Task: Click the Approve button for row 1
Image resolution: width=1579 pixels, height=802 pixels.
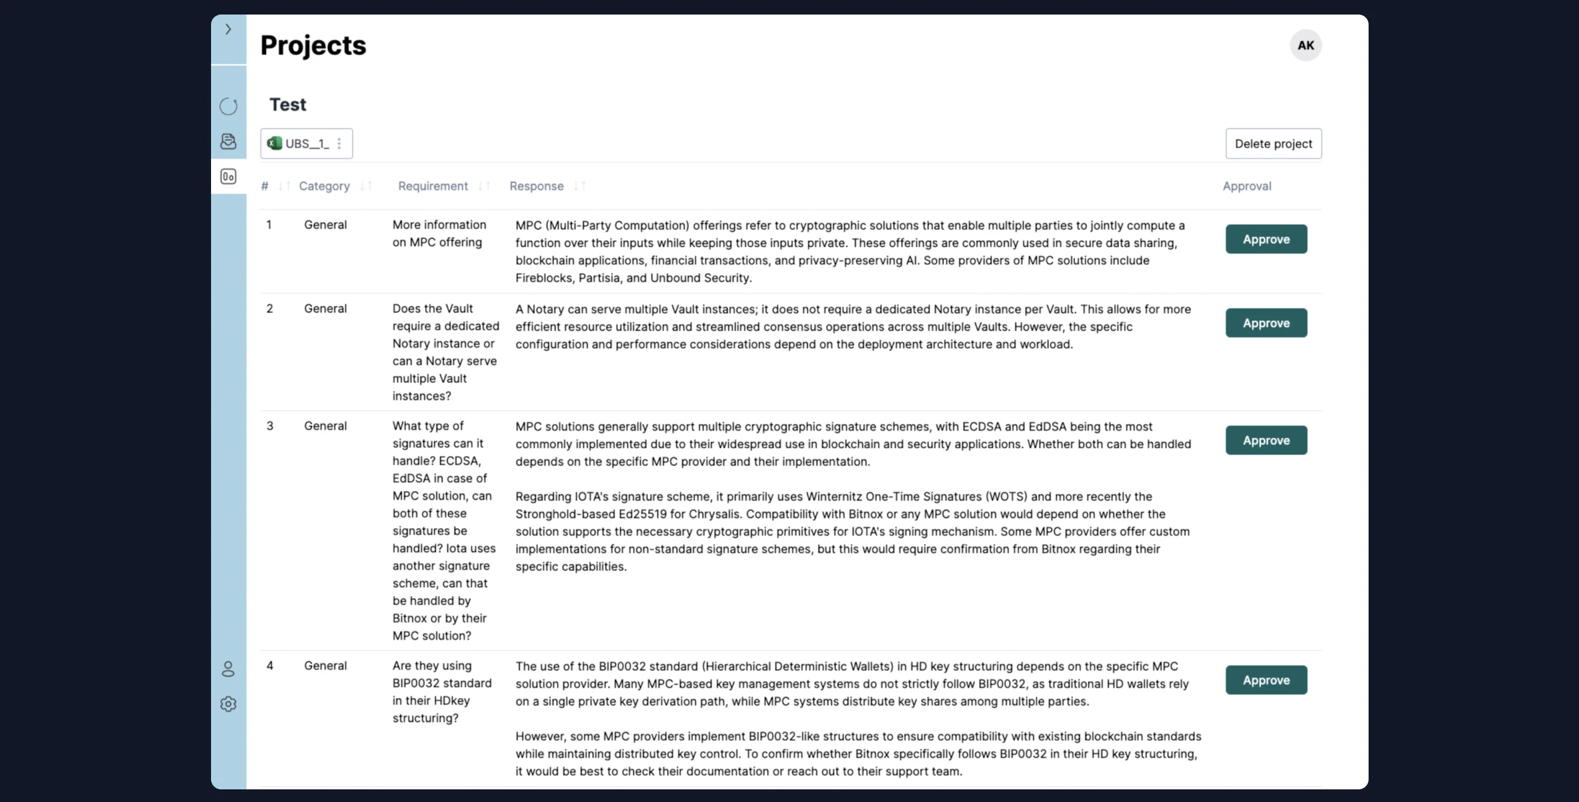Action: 1266,239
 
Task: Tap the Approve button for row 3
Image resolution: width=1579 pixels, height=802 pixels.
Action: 1266,440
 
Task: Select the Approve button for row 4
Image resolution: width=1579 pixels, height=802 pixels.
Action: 1266,680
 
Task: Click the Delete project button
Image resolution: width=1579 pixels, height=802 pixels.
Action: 1273,143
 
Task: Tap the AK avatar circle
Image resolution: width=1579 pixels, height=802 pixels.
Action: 1305,46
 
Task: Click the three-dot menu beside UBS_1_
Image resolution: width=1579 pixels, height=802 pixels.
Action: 339,143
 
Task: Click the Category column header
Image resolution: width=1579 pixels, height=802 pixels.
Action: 324,186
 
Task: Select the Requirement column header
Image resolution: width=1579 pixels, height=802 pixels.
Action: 433,186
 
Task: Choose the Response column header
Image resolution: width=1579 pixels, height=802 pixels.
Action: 536,186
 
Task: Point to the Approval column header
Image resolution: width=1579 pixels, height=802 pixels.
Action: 1247,186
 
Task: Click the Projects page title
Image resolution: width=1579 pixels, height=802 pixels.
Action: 313,46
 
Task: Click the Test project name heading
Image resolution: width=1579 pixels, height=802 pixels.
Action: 287,104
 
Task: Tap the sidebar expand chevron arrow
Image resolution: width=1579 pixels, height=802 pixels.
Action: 228,29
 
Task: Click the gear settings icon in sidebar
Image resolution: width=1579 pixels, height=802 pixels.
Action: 228,703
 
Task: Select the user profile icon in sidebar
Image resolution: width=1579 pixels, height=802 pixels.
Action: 228,669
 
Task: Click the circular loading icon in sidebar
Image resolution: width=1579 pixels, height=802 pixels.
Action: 228,106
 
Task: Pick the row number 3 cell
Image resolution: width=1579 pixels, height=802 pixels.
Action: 270,426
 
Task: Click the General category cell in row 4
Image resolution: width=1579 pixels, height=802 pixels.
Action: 325,665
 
